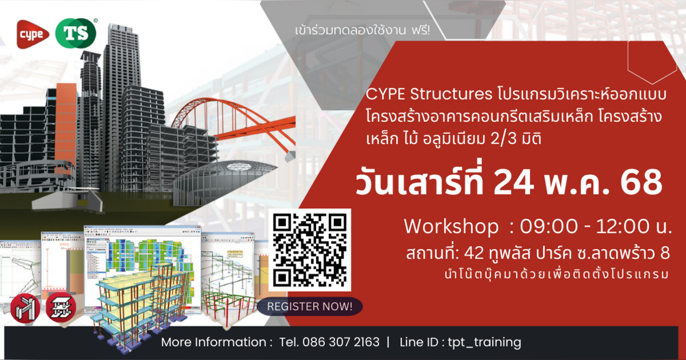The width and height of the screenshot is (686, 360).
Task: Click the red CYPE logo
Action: click(x=32, y=34)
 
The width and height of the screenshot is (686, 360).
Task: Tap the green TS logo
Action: click(x=76, y=34)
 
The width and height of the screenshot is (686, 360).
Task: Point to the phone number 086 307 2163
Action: click(x=329, y=342)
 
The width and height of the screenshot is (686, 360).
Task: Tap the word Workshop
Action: click(x=450, y=226)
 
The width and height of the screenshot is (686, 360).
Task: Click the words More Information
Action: click(x=217, y=342)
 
